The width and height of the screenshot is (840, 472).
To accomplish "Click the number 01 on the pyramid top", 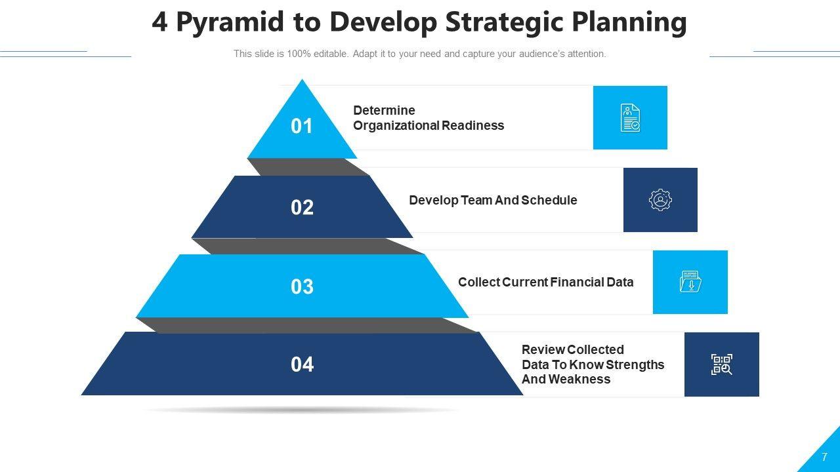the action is click(301, 127).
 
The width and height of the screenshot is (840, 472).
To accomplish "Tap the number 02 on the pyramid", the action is click(302, 208).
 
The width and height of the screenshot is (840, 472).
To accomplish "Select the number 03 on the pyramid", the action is click(302, 286).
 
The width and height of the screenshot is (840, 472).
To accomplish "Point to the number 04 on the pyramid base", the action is click(302, 364).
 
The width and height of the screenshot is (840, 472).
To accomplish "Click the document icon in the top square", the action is click(630, 117).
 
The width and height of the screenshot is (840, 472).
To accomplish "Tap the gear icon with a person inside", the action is click(660, 200).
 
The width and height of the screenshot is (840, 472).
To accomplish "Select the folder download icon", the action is click(690, 282).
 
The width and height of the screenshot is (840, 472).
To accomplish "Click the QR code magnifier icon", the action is click(721, 364).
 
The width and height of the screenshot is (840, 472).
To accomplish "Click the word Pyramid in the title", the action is click(230, 23).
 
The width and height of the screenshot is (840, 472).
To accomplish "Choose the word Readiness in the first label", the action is click(473, 125).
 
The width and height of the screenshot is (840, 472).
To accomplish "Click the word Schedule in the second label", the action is click(549, 201).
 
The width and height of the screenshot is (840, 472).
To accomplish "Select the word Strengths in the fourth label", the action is click(635, 365).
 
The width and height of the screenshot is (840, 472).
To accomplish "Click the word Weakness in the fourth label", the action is click(579, 379).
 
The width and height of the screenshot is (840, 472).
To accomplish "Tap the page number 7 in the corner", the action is click(824, 457).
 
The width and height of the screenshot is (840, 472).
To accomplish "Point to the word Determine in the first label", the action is click(384, 111).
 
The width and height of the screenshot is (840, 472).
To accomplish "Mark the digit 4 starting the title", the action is click(159, 22).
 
